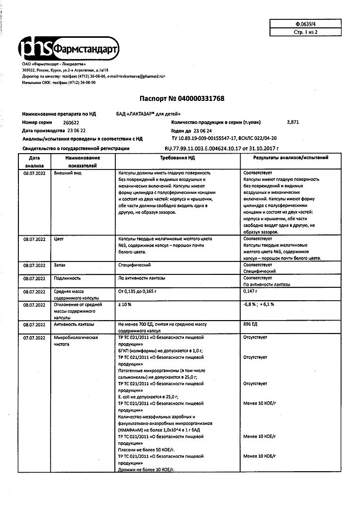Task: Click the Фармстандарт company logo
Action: point(68,48)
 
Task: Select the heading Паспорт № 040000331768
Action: point(180,98)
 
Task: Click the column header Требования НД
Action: point(177,158)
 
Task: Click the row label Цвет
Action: point(58,239)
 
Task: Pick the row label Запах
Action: point(60,265)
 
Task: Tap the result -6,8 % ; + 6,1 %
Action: point(260,304)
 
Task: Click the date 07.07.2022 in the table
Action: point(34,337)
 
